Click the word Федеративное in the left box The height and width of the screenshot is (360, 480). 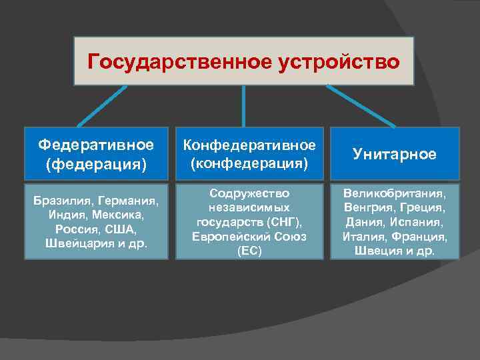point(96,145)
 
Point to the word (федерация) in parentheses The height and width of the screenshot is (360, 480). point(96,163)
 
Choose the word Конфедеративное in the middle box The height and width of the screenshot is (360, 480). point(249,145)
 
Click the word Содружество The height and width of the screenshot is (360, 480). point(249,193)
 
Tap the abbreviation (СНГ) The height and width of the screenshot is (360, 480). point(285,221)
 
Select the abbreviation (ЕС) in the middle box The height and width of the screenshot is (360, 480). point(249,252)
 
